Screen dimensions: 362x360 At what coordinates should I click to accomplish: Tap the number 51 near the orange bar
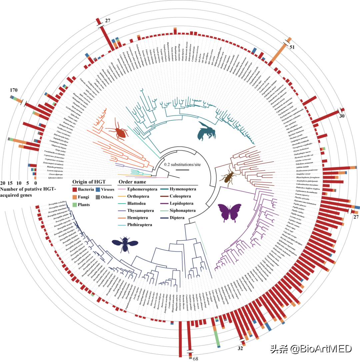292,47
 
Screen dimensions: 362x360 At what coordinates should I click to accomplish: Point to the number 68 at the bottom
196,359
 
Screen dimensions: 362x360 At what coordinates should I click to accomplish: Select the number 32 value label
240,349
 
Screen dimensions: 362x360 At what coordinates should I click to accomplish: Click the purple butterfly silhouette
230,212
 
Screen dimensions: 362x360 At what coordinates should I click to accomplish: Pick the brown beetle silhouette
229,177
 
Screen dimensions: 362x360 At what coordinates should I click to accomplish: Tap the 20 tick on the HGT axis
3,183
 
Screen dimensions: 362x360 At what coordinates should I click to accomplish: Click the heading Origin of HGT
89,182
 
